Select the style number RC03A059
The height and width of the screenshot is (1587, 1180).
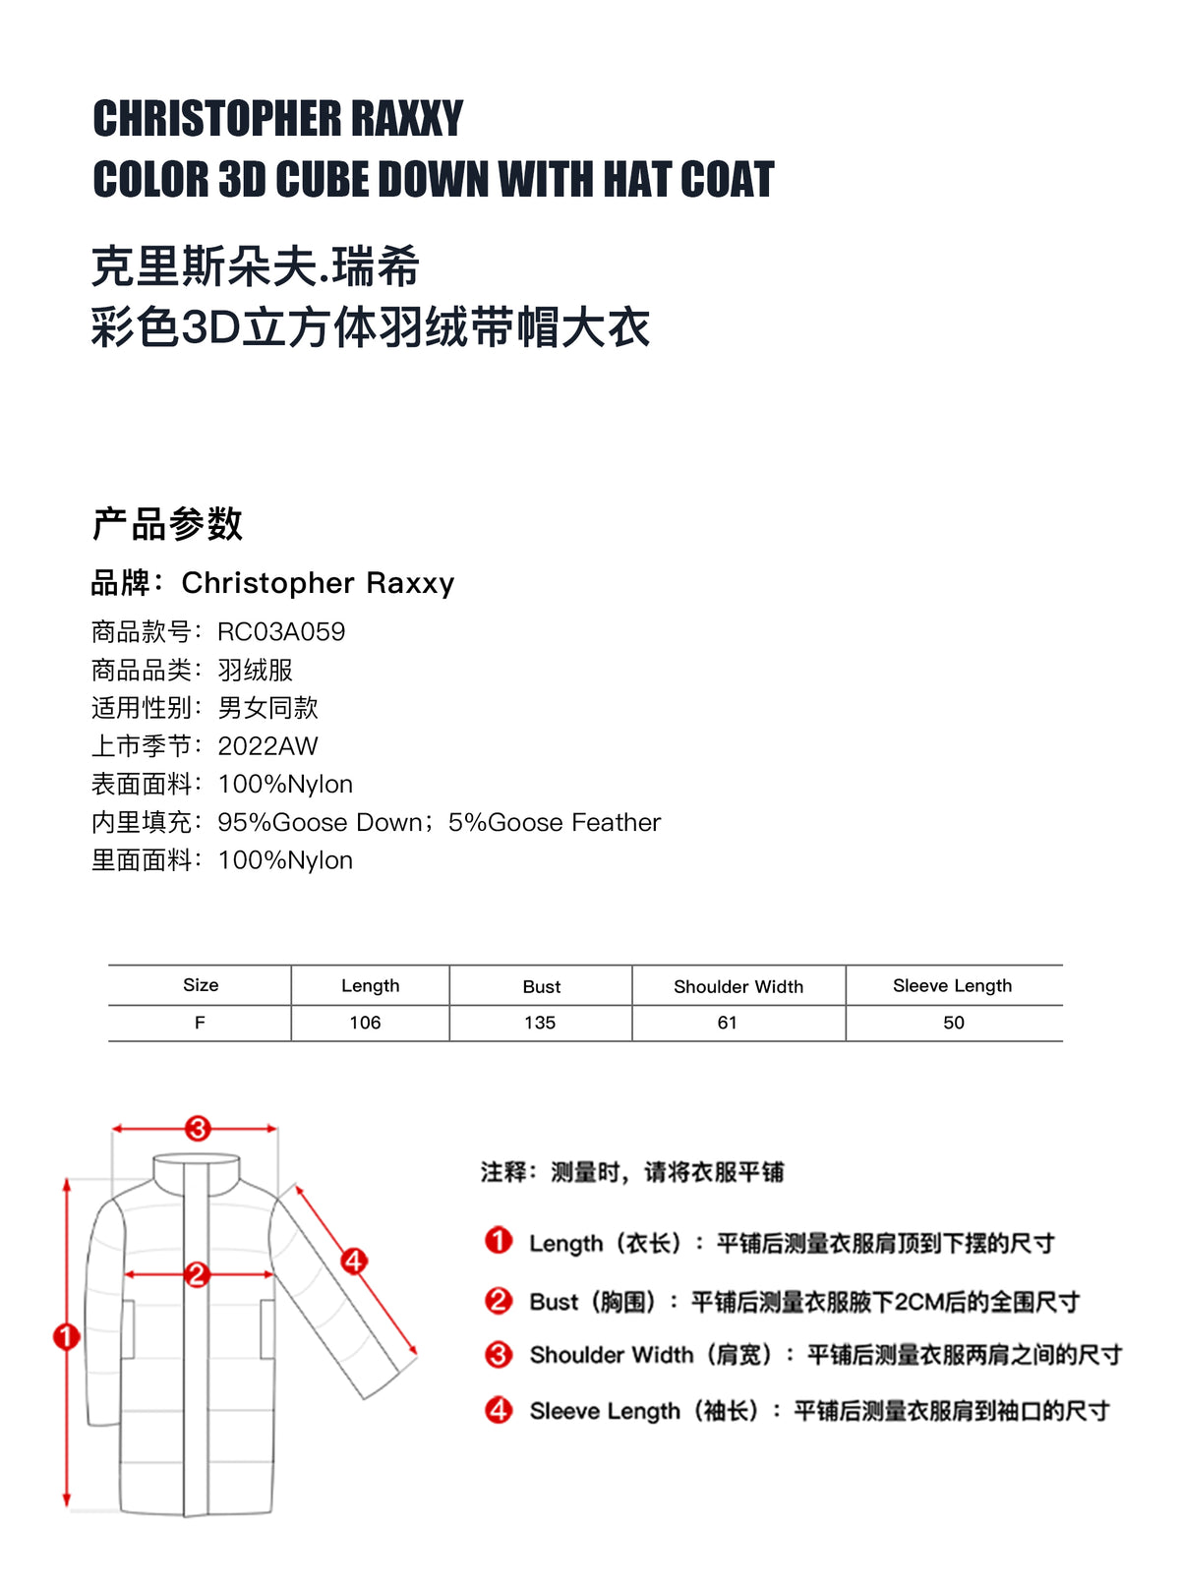point(281,631)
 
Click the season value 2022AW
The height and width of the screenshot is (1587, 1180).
point(267,746)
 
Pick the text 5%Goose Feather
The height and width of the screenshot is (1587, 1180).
point(555,822)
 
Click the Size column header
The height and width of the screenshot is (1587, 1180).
point(201,985)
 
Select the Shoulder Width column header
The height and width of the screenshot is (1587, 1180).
point(738,986)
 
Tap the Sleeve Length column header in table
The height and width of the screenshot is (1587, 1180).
point(952,985)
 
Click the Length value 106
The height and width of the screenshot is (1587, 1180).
point(365,1023)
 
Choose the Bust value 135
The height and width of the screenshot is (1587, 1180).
point(540,1023)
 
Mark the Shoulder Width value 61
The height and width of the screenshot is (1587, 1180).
point(728,1023)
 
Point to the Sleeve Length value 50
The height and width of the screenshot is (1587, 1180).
point(954,1023)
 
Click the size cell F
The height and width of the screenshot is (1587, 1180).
point(200,1023)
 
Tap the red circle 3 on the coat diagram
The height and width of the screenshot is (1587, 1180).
point(198,1128)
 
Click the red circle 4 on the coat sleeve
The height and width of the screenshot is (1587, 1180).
point(354,1260)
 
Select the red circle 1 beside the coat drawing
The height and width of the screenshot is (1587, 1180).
point(66,1336)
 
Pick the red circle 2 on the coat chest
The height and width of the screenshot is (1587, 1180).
point(197,1274)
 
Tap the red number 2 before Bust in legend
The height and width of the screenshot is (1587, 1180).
point(499,1301)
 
